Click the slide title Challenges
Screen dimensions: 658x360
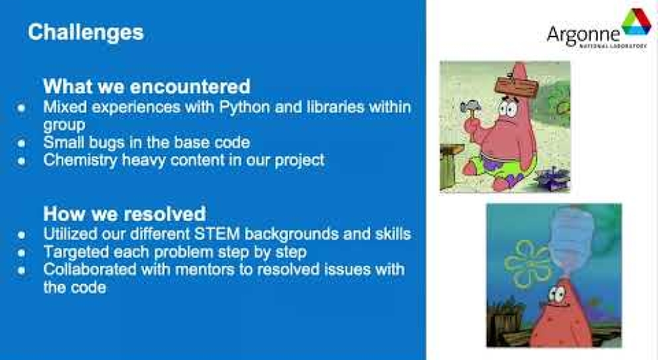point(86,32)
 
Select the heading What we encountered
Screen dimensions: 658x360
point(147,86)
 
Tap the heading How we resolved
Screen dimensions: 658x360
point(125,213)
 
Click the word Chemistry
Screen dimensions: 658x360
point(80,160)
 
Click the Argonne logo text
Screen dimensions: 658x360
point(583,35)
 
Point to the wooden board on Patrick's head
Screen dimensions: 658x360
point(516,85)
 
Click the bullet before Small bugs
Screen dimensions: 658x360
point(21,143)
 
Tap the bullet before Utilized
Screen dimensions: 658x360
point(21,235)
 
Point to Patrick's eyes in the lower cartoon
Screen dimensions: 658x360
point(557,294)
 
